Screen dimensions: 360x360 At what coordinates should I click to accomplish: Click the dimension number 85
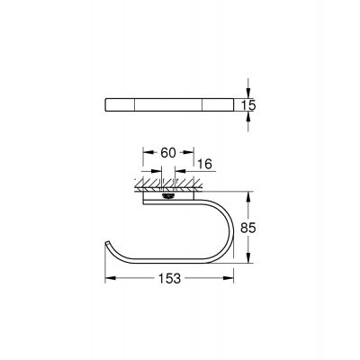click(257, 229)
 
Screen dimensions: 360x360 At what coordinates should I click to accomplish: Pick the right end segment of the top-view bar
click(219, 104)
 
